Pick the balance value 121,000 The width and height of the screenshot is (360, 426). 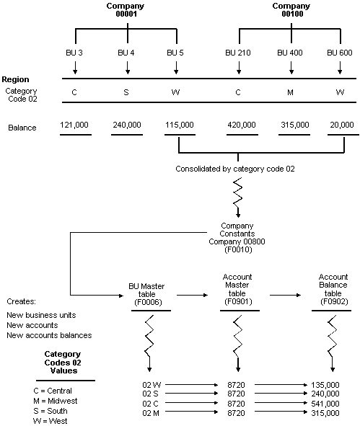pos(75,125)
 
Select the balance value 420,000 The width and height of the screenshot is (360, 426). pos(242,125)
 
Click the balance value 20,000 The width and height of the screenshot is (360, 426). pos(340,125)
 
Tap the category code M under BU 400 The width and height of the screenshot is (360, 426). pos(291,92)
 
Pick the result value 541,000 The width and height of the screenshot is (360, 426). pos(325,404)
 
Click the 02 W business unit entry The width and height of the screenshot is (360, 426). pos(152,385)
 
